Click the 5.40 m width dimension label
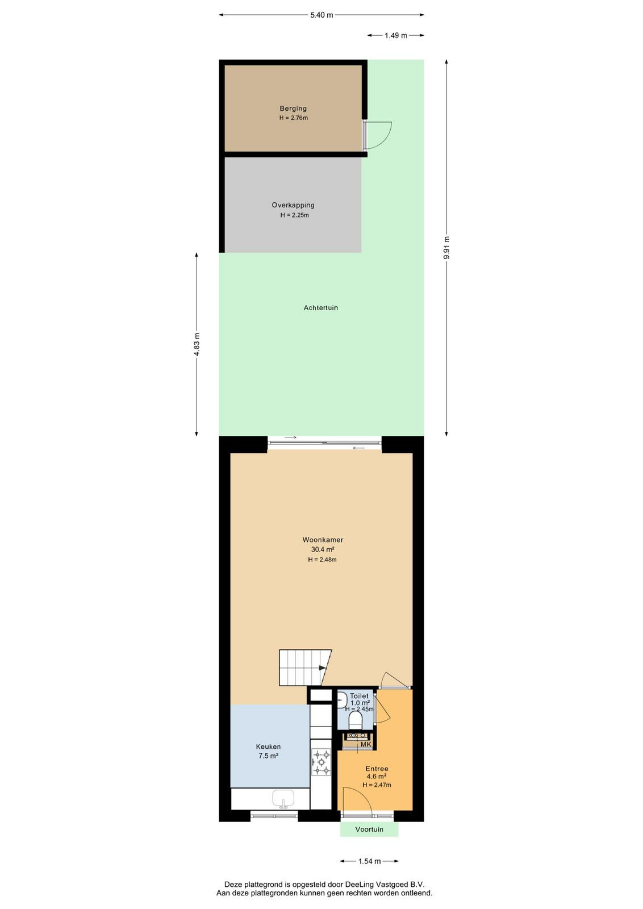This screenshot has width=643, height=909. coord(321,15)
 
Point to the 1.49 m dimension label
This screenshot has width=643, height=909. coord(395,36)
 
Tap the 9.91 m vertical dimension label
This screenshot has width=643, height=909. coord(446,248)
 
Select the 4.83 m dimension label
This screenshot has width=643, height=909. coord(197,344)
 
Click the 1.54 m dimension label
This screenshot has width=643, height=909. coord(369,861)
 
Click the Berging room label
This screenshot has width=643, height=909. coord(293,109)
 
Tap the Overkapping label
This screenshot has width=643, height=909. coord(293,205)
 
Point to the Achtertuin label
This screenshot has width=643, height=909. coord(320,308)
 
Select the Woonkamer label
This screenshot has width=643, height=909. coord(323,540)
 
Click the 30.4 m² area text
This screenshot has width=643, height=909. coord(323,549)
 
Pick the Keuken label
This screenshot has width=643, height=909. coord(268,747)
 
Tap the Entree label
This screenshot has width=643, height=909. coord(377,769)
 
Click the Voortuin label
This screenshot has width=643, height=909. coord(369,829)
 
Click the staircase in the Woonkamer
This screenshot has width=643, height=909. coord(305,668)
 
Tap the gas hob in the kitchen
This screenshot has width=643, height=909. coord(321,762)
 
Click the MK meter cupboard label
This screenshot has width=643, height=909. coord(365,744)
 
